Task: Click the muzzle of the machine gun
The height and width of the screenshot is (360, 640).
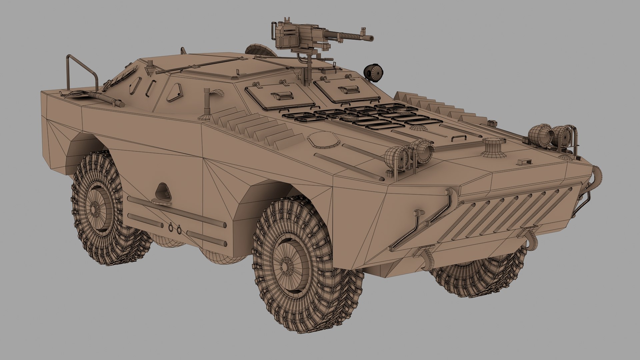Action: click(x=371, y=39)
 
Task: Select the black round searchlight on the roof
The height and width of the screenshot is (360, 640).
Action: click(x=373, y=73)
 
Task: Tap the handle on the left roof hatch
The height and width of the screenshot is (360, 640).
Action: click(x=280, y=96)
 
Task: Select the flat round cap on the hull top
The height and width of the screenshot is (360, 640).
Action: click(x=322, y=139)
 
